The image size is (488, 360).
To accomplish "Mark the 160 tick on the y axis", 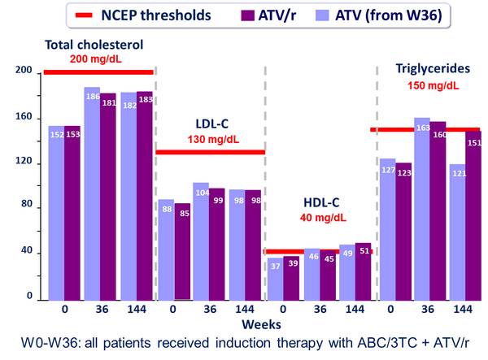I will coord(26,118).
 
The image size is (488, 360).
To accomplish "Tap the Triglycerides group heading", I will coord(428,68).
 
